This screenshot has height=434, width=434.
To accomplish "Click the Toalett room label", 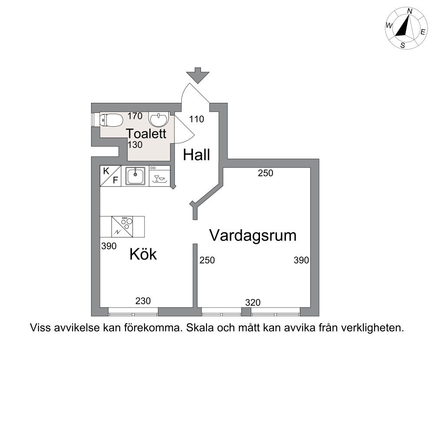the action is click(146, 133).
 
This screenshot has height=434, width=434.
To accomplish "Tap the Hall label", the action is click(197, 155).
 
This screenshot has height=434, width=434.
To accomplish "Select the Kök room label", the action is click(143, 254).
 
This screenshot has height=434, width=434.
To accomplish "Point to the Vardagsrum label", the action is click(253, 236).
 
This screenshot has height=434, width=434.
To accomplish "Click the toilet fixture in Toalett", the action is click(111, 120).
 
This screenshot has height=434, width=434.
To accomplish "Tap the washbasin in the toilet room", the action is click(158, 119).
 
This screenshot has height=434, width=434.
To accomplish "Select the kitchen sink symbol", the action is click(135, 176).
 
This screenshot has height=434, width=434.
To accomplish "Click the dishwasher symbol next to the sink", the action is click(160, 176).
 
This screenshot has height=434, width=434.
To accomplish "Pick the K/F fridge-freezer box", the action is click(111, 176).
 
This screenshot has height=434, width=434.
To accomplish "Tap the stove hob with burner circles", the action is click(122, 227).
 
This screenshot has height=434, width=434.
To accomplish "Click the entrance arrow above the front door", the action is click(197, 75).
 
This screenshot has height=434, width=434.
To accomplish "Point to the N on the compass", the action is click(410, 11).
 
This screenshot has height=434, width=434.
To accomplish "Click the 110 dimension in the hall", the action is click(197, 119).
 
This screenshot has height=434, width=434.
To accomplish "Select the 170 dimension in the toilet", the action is click(135, 116).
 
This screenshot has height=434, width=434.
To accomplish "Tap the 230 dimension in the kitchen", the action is click(143, 301).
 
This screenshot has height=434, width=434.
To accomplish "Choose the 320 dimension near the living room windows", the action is click(253, 302).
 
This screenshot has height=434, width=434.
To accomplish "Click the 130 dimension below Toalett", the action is click(135, 145).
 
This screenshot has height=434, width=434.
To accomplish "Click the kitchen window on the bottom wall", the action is click(133, 314).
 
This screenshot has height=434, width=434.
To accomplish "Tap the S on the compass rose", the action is click(403, 46).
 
